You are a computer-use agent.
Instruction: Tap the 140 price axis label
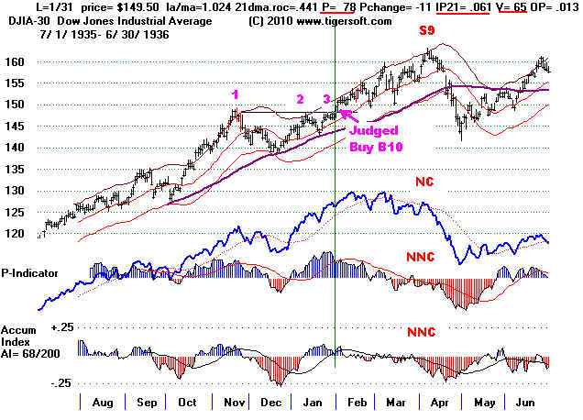19,148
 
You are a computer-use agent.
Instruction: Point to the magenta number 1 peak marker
236,94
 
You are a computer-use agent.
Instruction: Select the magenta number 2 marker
299,99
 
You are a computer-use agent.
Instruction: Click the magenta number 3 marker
326,99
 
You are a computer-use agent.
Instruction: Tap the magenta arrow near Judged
347,114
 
